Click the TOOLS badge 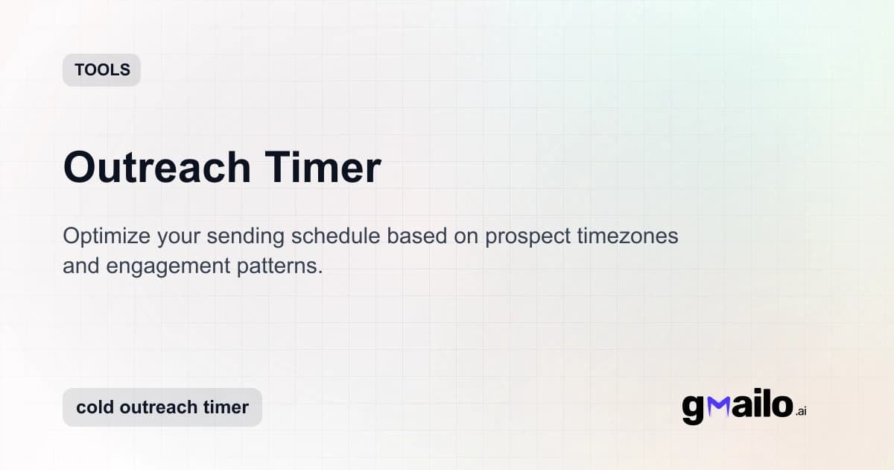pos(102,70)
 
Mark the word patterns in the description pos(283,266)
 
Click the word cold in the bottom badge pos(95,407)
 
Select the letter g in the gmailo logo pos(693,409)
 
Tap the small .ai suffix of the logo pos(801,411)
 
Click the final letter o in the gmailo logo pos(780,406)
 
